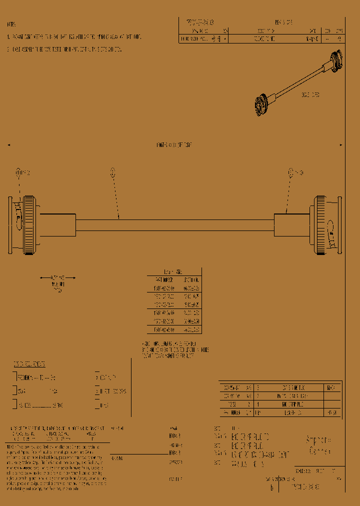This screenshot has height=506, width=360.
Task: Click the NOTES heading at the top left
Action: click(11, 24)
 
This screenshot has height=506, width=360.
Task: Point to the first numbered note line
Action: click(75, 37)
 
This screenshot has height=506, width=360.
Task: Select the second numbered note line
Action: click(65, 49)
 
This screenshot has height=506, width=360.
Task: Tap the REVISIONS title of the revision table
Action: click(283, 22)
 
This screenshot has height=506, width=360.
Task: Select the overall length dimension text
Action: click(174, 145)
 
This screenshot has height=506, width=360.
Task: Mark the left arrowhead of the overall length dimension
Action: click(9, 145)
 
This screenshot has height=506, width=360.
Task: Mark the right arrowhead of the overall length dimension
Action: click(341, 145)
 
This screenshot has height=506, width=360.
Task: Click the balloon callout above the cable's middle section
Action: click(113, 172)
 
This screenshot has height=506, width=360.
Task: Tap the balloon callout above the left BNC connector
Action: click(19, 172)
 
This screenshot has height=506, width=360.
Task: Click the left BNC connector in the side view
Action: click(22, 225)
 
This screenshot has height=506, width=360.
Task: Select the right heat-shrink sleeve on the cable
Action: click(292, 225)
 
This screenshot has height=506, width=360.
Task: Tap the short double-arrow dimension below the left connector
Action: click(57, 277)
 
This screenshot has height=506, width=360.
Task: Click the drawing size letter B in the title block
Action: click(271, 486)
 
